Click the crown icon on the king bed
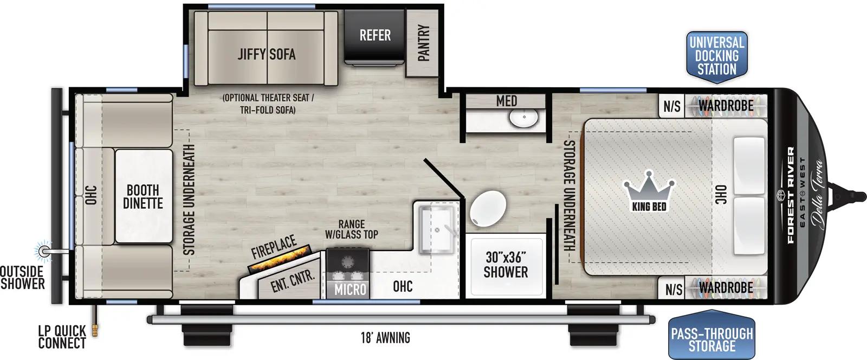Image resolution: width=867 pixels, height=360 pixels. (650, 188)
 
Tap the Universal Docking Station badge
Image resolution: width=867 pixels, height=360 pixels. (716, 55)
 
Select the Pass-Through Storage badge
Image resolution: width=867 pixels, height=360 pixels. (711, 339)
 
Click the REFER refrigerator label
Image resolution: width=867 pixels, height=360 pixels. (375, 35)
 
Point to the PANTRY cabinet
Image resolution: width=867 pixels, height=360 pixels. (424, 43)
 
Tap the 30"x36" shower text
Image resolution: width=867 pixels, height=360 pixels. (505, 265)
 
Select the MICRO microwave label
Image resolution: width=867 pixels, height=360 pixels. (350, 290)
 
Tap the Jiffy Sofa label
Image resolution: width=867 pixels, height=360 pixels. (266, 54)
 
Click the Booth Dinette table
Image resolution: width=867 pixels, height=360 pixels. (143, 196)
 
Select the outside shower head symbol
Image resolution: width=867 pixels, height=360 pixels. (44, 250)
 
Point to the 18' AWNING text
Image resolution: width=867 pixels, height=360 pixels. (385, 338)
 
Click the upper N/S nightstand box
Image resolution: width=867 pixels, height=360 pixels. (672, 106)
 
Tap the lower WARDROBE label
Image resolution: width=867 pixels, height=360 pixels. (726, 287)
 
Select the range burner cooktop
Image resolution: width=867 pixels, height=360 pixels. (348, 263)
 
